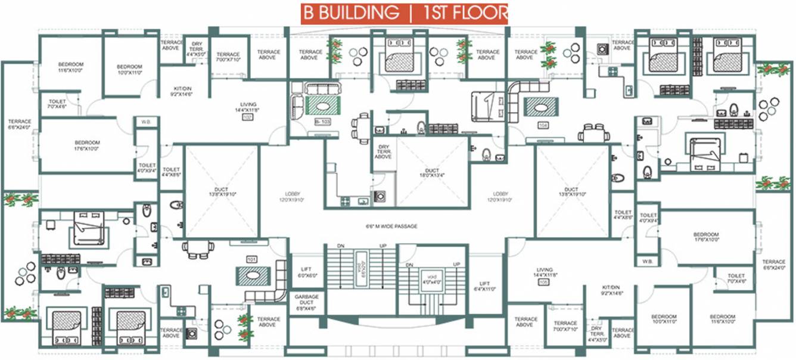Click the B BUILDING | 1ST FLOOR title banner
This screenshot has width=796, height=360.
405,13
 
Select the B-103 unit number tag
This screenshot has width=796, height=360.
322,122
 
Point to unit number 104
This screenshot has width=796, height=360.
542,126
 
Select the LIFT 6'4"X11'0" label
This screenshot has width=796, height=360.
485,287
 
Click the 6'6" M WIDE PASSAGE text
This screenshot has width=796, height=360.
391,226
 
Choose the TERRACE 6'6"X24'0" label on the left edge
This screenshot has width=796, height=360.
19,125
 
